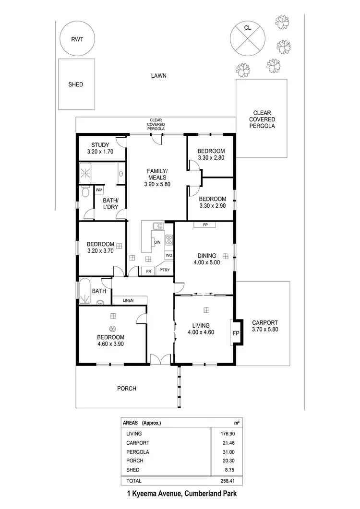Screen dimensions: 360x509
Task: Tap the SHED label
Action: click(75, 84)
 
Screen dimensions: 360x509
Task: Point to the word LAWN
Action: click(158, 75)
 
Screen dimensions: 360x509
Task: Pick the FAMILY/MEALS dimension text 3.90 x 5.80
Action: click(157, 184)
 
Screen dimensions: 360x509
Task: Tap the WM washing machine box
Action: click(99, 190)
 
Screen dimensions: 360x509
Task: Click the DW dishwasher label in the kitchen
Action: click(157, 242)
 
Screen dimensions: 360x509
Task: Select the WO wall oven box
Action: click(168, 255)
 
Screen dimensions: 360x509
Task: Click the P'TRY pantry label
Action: click(164, 271)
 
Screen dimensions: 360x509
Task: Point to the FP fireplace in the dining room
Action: click(205, 225)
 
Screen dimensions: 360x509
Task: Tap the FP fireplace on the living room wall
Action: click(236, 332)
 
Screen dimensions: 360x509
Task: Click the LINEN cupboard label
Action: click(128, 300)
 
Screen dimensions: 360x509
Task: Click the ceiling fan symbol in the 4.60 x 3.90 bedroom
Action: click(113, 328)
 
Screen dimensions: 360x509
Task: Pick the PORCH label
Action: click(127, 389)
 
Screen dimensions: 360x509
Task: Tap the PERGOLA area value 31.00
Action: click(233, 452)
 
